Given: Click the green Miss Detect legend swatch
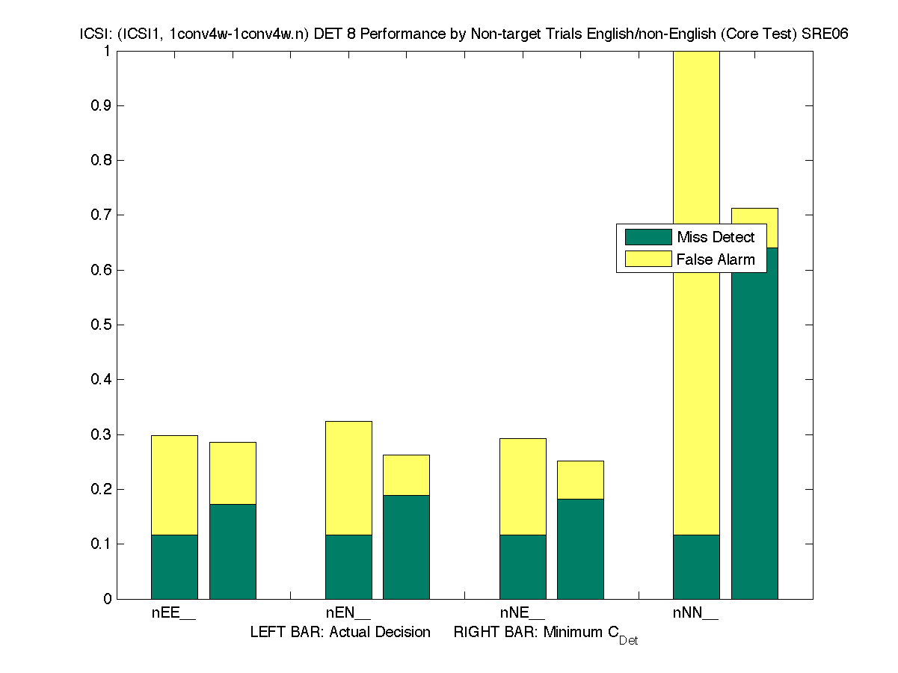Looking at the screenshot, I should tap(648, 237).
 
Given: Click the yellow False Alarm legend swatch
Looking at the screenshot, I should tap(648, 259).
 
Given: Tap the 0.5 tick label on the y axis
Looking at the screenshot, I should tap(102, 325).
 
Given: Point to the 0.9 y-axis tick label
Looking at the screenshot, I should tap(102, 105).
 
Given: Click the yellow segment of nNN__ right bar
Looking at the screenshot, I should tap(754, 227).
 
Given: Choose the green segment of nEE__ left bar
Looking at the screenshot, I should tap(174, 566).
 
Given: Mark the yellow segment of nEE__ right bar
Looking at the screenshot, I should tap(233, 473).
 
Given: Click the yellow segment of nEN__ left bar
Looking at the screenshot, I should tap(348, 478).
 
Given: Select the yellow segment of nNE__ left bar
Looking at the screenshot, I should tap(523, 486).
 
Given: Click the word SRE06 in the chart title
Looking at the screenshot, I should tap(828, 34).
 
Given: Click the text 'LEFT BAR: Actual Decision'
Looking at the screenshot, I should tap(340, 633).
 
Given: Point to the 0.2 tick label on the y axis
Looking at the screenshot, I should tap(102, 489).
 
